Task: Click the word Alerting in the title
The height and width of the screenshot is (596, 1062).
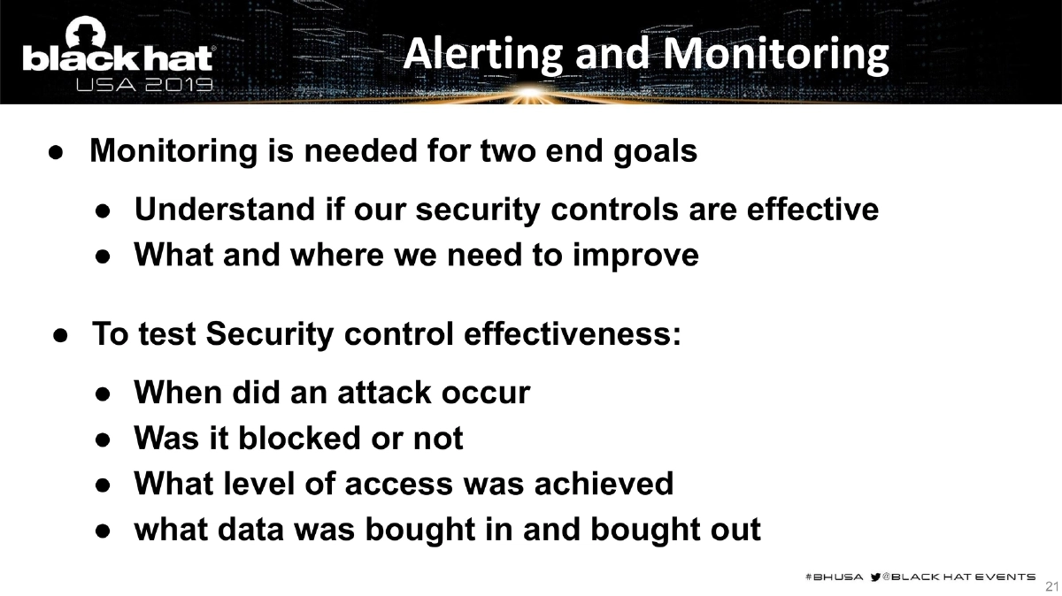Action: pyautogui.click(x=481, y=54)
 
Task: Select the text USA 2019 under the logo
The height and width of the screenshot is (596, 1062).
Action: pyautogui.click(x=144, y=85)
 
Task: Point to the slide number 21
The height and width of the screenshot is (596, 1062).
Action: pyautogui.click(x=1051, y=586)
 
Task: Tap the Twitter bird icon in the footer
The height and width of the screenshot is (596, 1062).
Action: pyautogui.click(x=875, y=576)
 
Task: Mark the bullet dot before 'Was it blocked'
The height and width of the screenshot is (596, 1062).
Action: pyautogui.click(x=103, y=439)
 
